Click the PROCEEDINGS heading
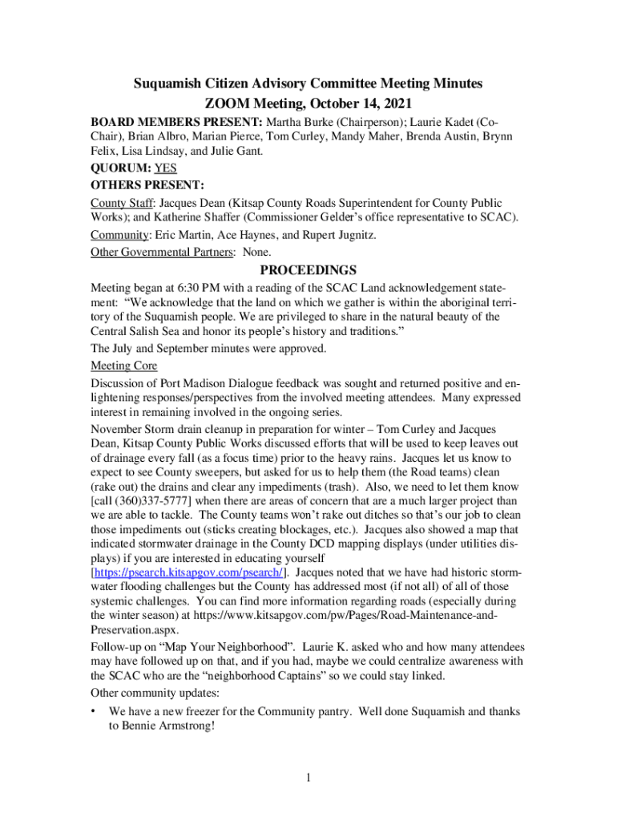point(308,270)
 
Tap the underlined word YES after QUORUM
point(164,169)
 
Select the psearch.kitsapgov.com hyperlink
point(188,572)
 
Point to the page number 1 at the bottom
point(308,777)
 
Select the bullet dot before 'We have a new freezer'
point(95,711)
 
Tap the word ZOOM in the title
point(228,103)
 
